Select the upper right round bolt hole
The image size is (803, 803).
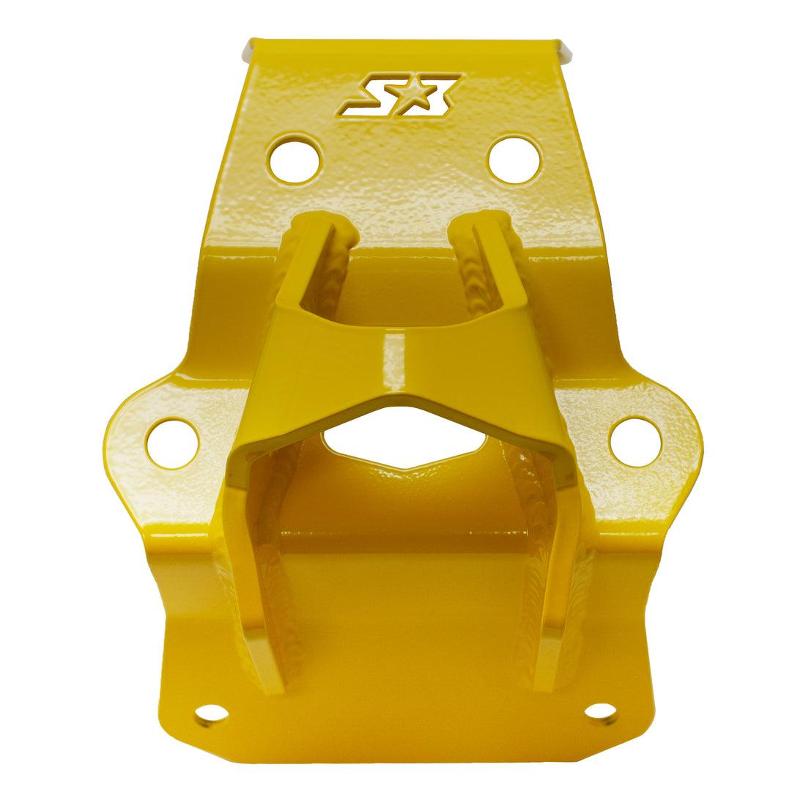[x=514, y=159]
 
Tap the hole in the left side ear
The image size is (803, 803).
[x=173, y=443]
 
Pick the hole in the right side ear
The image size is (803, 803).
[x=635, y=441]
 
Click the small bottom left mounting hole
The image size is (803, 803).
[x=212, y=713]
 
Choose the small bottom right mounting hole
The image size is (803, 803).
[x=600, y=711]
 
